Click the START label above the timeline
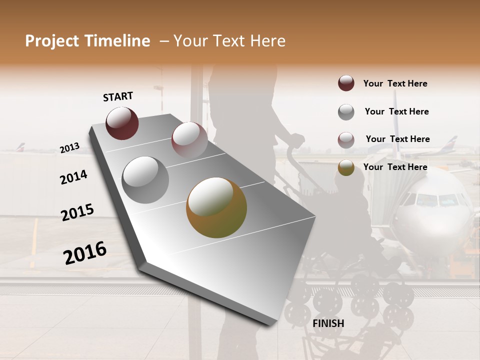[118, 96]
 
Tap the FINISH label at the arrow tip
[328, 323]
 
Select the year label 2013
[69, 148]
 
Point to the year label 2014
[73, 177]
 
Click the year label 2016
[85, 252]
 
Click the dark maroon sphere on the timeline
[122, 123]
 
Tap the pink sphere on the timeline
[189, 139]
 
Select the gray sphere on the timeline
[145, 179]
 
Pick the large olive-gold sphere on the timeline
[216, 207]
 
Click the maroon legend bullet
[346, 83]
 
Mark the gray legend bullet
[346, 112]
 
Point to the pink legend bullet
[346, 140]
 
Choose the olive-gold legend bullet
[346, 167]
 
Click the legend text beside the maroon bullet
[395, 83]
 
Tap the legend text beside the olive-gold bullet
[395, 167]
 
